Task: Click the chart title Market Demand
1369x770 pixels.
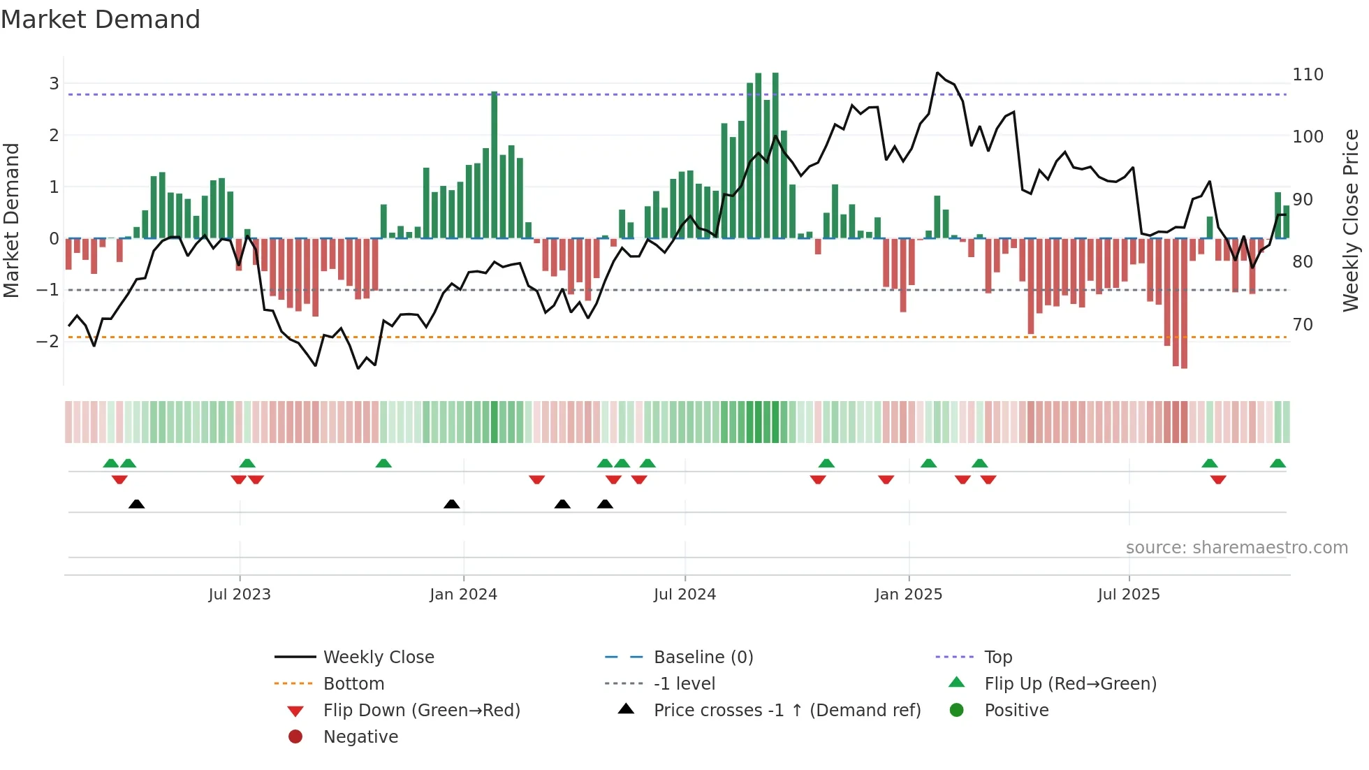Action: coord(101,20)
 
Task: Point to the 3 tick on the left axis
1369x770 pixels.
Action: coord(54,84)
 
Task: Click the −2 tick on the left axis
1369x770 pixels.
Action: coord(47,342)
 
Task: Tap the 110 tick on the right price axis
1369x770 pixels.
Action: coord(1308,75)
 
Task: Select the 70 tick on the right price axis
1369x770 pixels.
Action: coord(1303,325)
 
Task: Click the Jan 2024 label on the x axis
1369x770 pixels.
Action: coord(463,595)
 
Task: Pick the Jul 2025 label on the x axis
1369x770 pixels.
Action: coord(1128,595)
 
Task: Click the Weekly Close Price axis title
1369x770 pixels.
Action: coord(1351,220)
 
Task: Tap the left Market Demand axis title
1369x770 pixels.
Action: coord(12,220)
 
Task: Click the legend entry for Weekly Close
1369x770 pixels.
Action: coord(378,658)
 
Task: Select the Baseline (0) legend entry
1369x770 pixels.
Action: coord(703,658)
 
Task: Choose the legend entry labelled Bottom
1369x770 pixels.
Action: coord(353,684)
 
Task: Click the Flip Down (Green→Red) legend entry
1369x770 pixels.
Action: coord(421,711)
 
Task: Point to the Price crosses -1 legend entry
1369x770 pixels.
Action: coord(786,711)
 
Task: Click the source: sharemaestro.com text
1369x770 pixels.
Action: coord(1236,548)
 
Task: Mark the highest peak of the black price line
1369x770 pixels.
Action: coord(937,73)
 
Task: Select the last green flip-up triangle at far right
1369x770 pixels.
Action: coord(1278,463)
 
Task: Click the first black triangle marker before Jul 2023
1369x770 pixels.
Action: coord(137,504)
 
